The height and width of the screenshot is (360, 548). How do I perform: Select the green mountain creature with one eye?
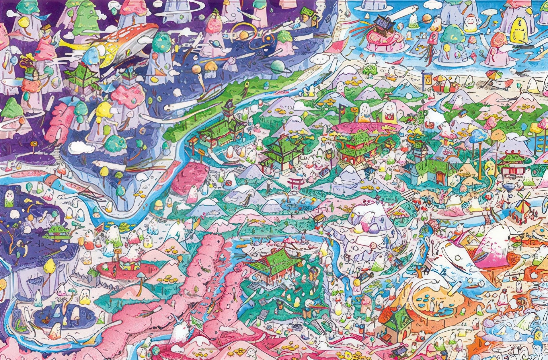tap(83, 17)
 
